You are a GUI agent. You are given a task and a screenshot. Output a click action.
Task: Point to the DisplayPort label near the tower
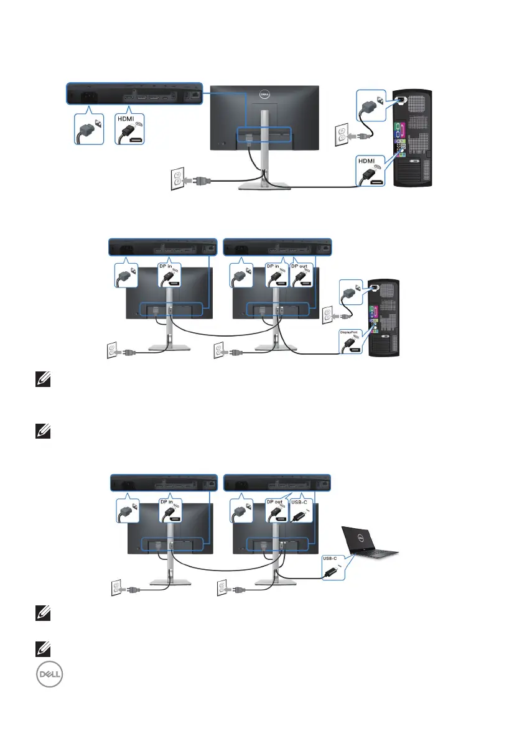pos(349,332)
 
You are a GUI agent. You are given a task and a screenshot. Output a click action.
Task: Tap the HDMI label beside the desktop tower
pos(366,160)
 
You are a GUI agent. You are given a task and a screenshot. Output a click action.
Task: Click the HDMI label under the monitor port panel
pos(127,118)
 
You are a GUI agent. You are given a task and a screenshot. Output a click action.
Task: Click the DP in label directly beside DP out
pos(274,266)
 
